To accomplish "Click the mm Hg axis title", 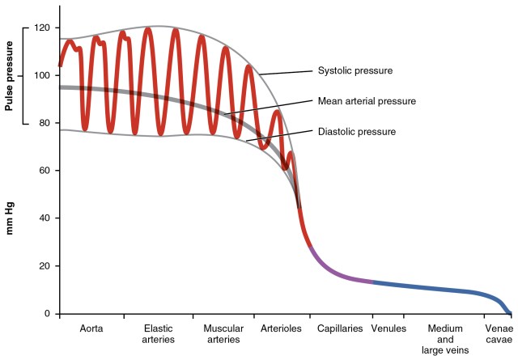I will [x=11, y=218].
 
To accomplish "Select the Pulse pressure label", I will [x=11, y=75].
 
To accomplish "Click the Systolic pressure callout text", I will [x=355, y=71].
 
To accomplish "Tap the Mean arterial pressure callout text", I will [x=366, y=101].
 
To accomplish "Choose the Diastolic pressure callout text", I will [x=356, y=131].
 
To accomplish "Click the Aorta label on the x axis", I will [x=91, y=329].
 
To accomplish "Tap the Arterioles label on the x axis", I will [x=281, y=329].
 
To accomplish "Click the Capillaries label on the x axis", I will [x=340, y=329].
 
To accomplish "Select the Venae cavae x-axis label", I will [x=497, y=334].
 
